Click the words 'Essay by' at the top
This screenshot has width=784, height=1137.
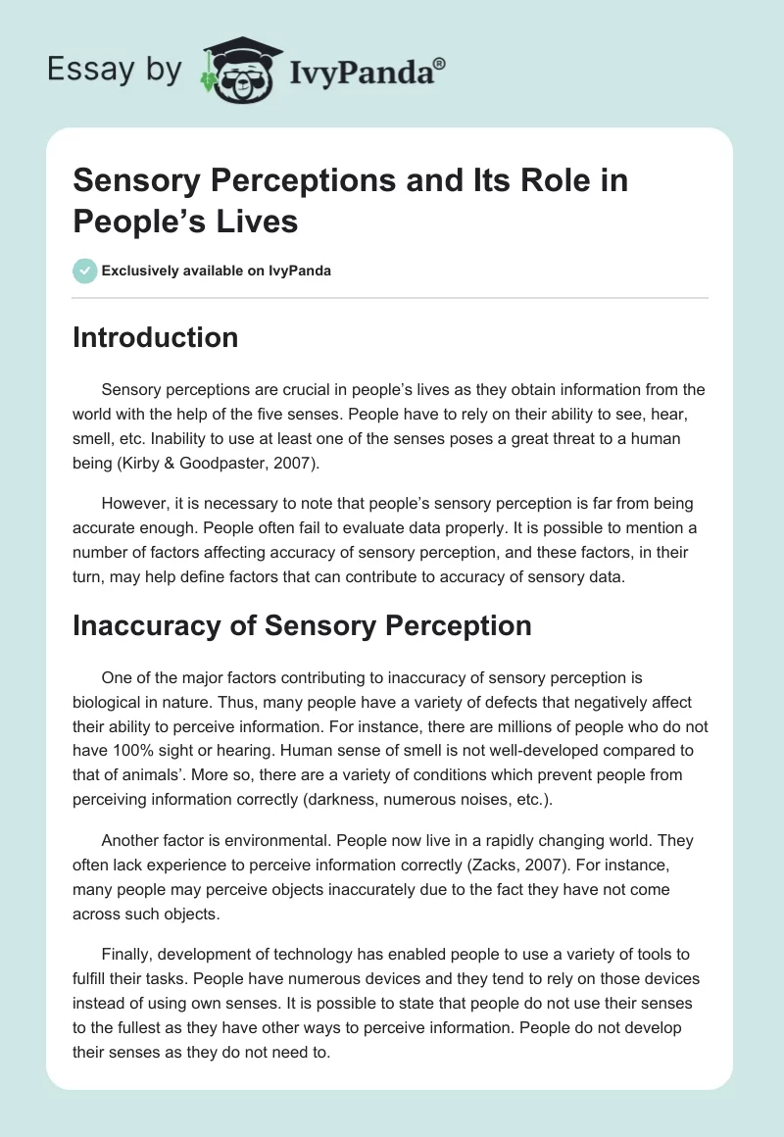116,70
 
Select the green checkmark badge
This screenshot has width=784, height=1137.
85,271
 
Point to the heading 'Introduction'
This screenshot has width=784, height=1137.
156,337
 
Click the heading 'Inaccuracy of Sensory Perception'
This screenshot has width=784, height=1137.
302,625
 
